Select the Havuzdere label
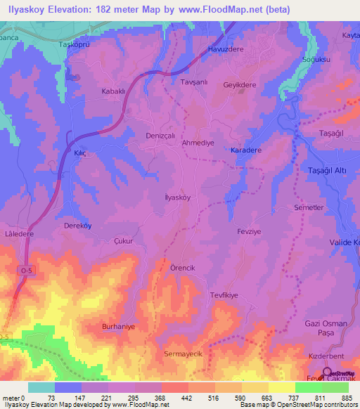point(225,50)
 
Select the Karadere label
point(245,150)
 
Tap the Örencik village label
point(186,268)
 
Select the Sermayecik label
point(183,353)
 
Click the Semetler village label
point(308,209)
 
